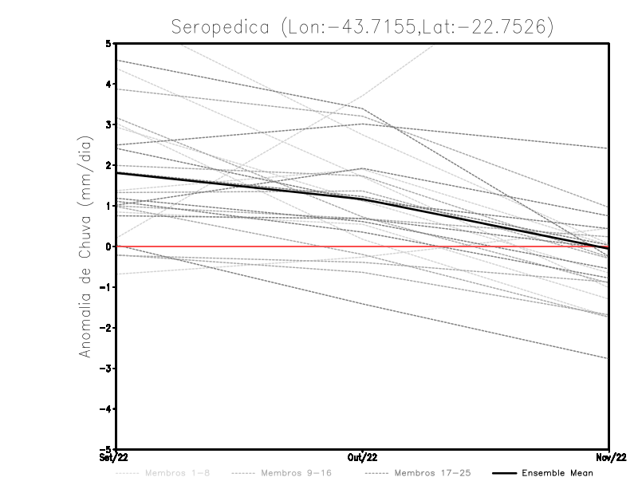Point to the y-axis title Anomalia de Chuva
pyautogui.click(x=85, y=246)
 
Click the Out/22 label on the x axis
pyautogui.click(x=363, y=457)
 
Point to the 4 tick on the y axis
pyautogui.click(x=108, y=84)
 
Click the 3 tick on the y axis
pyautogui.click(x=108, y=124)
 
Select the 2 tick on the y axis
pyautogui.click(x=108, y=165)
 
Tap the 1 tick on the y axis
pyautogui.click(x=108, y=206)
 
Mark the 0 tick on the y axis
pyautogui.click(x=108, y=246)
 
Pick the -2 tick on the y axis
pyautogui.click(x=107, y=328)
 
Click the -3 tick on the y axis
pyautogui.click(x=107, y=369)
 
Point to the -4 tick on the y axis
pyautogui.click(x=107, y=409)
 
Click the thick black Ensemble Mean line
pyautogui.click(x=239, y=185)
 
